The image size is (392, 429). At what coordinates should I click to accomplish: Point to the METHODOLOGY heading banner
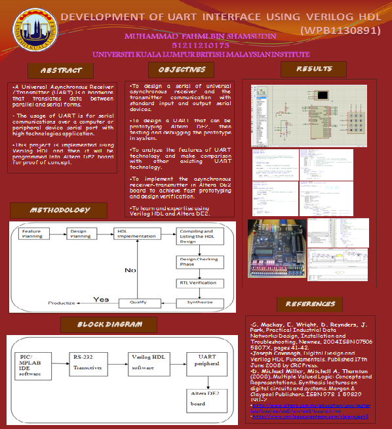coord(60,210)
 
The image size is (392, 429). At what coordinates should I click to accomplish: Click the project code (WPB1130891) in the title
coord(339,30)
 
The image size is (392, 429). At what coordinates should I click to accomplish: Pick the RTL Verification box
coord(197,282)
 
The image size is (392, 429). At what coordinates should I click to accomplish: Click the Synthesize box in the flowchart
coord(197,303)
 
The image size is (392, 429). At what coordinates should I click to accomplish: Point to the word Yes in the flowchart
coord(101,299)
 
